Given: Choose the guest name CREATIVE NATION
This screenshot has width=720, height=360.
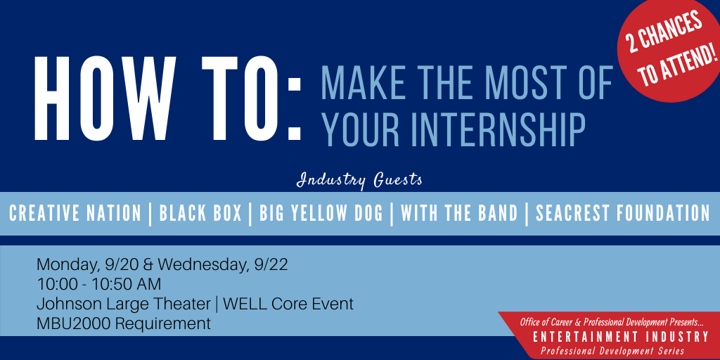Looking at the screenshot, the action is click(x=75, y=214).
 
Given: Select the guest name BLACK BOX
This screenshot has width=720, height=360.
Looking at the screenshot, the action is click(x=200, y=214).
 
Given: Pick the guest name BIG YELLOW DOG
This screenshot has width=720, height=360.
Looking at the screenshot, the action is click(x=321, y=214).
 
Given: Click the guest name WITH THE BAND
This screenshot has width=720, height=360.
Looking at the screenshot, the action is click(x=459, y=214).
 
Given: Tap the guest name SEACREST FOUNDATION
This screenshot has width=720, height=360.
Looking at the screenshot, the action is click(x=623, y=214).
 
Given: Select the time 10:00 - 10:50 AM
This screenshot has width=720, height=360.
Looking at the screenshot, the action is click(x=98, y=285).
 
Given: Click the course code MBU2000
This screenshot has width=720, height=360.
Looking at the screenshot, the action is click(x=74, y=323).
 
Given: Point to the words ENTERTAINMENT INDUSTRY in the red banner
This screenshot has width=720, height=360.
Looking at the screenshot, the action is click(x=620, y=337).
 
